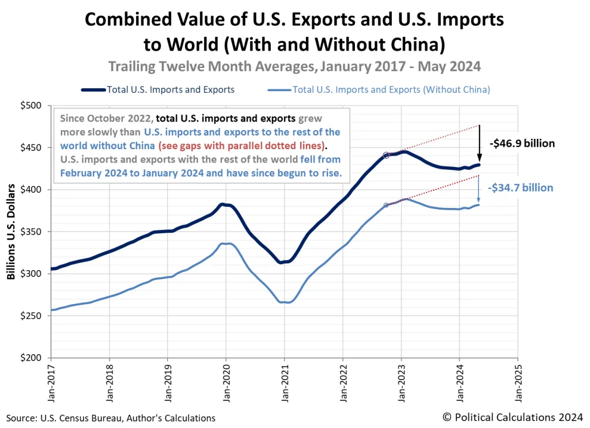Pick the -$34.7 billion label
tap(520, 188)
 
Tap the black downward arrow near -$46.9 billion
tap(479, 144)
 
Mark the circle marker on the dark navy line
tap(386, 155)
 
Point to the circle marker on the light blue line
tap(386, 205)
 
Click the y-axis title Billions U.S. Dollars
tap(11, 232)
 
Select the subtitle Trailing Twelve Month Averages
tap(294, 67)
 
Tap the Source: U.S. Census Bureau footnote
tap(111, 418)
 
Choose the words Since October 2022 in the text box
tap(105, 119)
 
